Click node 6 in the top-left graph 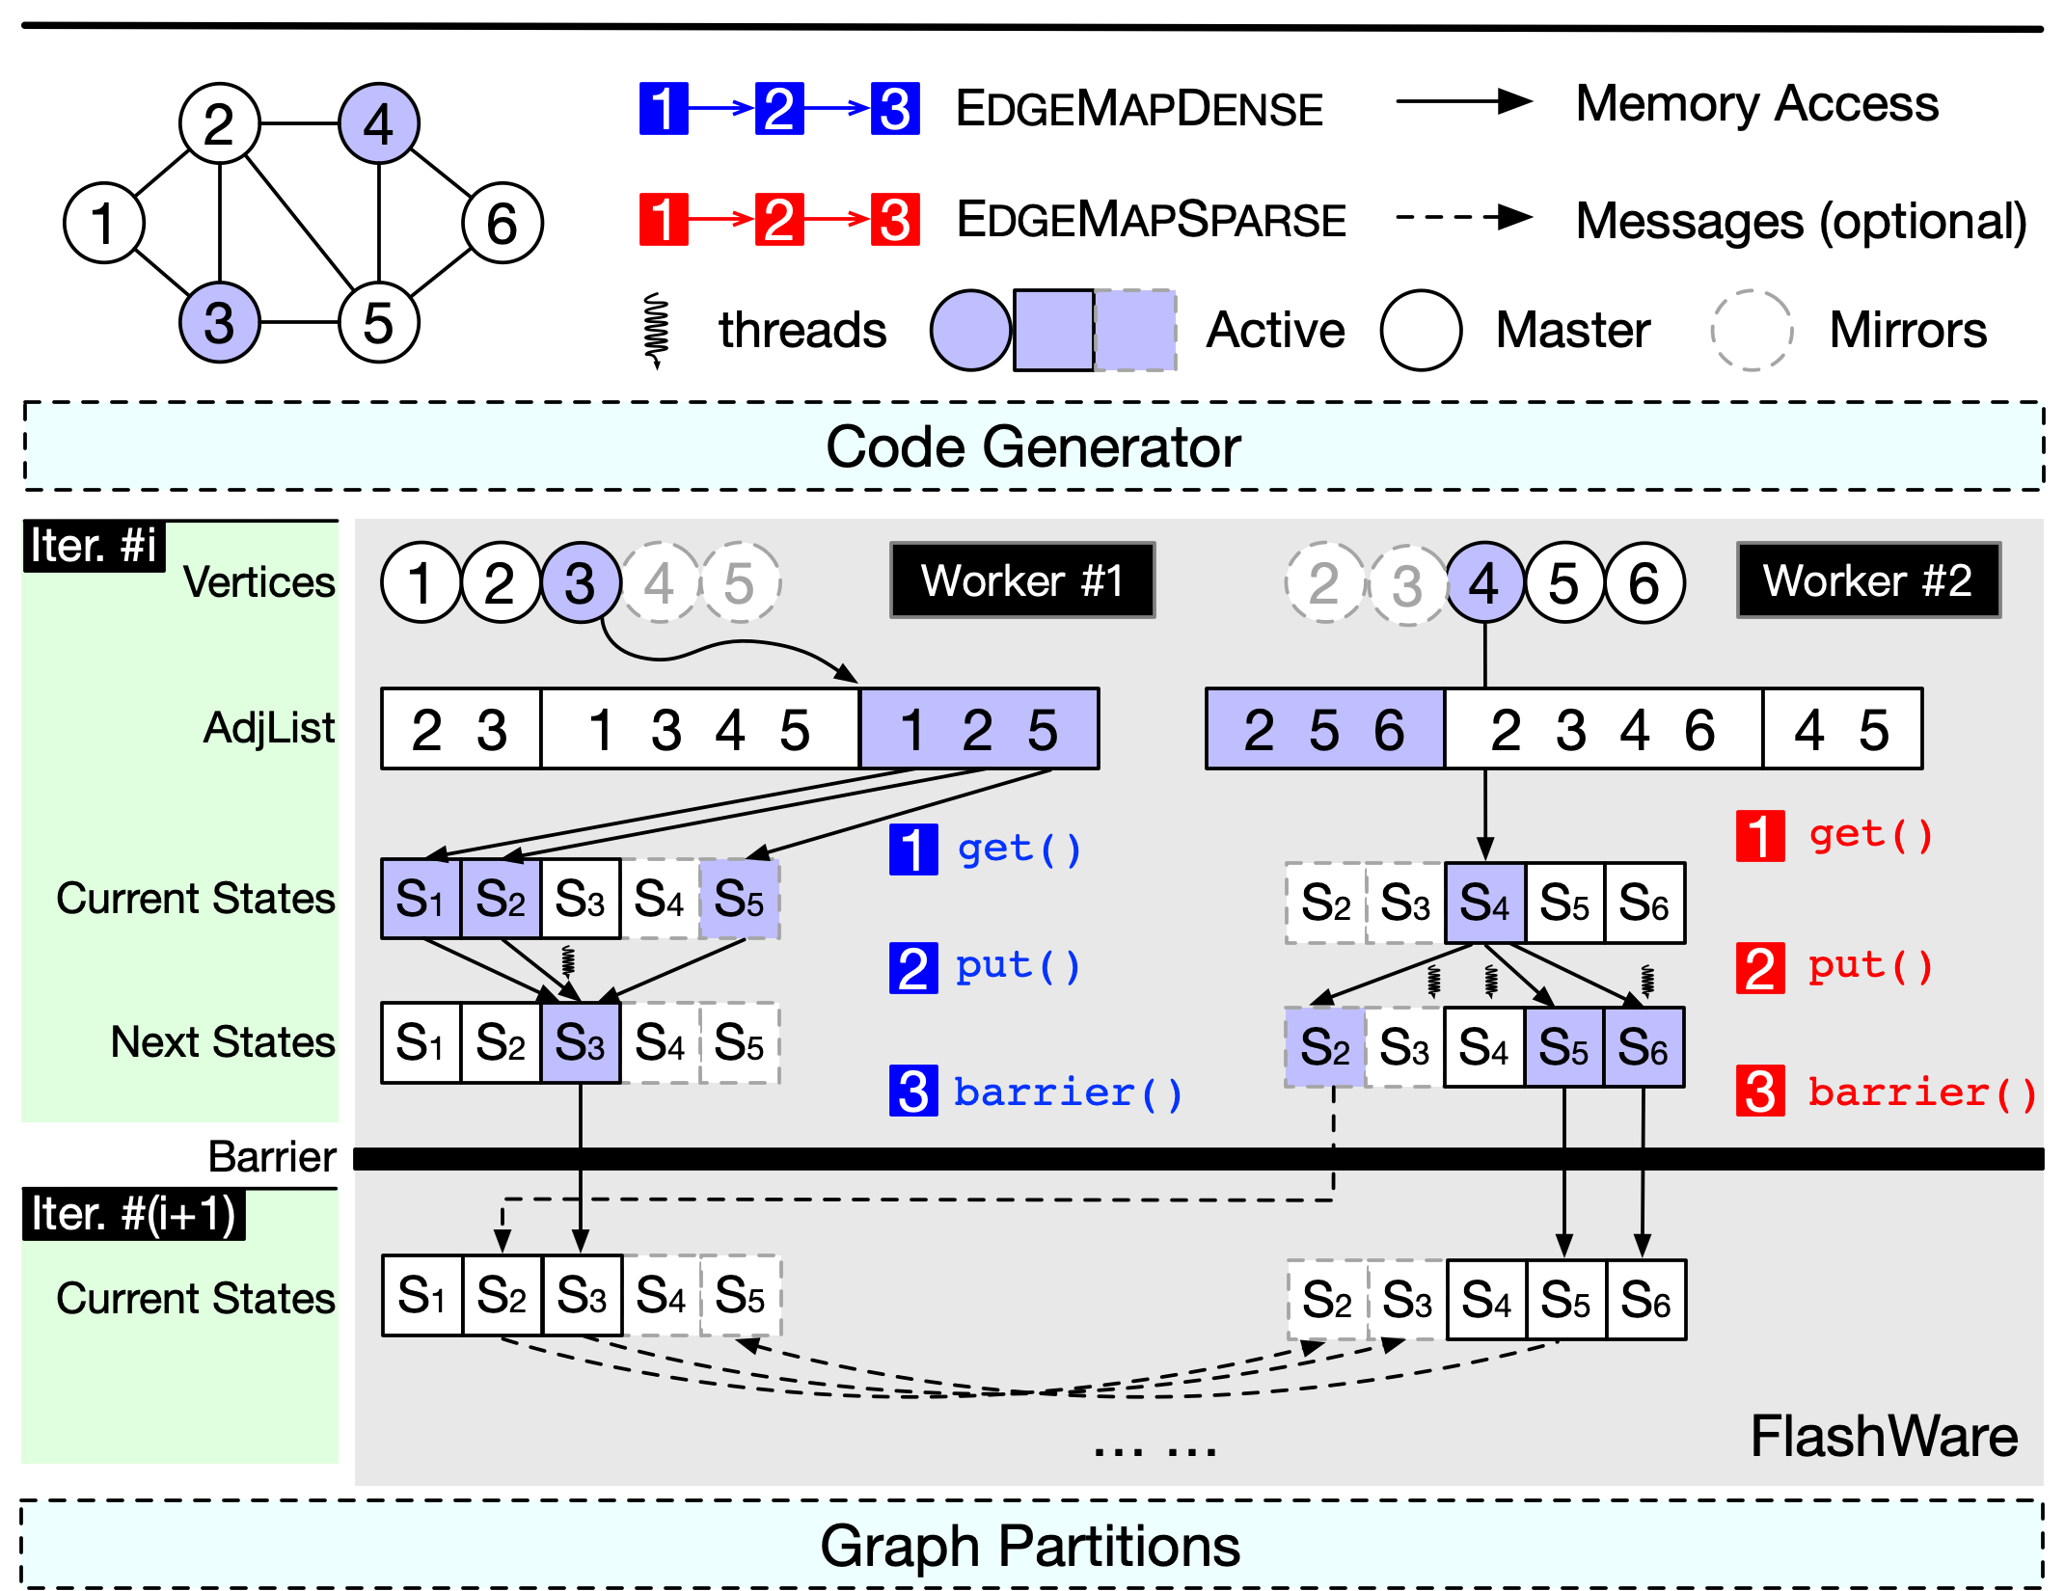(502, 223)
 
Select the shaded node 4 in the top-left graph (378, 123)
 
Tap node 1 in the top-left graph (103, 223)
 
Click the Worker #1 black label (1021, 580)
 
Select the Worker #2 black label (1868, 580)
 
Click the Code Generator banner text (1033, 447)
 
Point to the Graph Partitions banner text (1030, 1547)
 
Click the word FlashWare (1884, 1437)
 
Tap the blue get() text (1019, 849)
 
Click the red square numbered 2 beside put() (1760, 968)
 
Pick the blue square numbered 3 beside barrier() (913, 1092)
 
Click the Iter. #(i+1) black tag (133, 1214)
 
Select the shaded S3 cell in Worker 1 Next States (581, 1043)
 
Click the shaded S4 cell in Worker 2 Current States (1485, 903)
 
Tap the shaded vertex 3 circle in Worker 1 (581, 582)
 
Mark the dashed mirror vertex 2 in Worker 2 (1325, 582)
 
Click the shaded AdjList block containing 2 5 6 (1324, 729)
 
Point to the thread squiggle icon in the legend (657, 330)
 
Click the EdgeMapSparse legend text (1151, 220)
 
